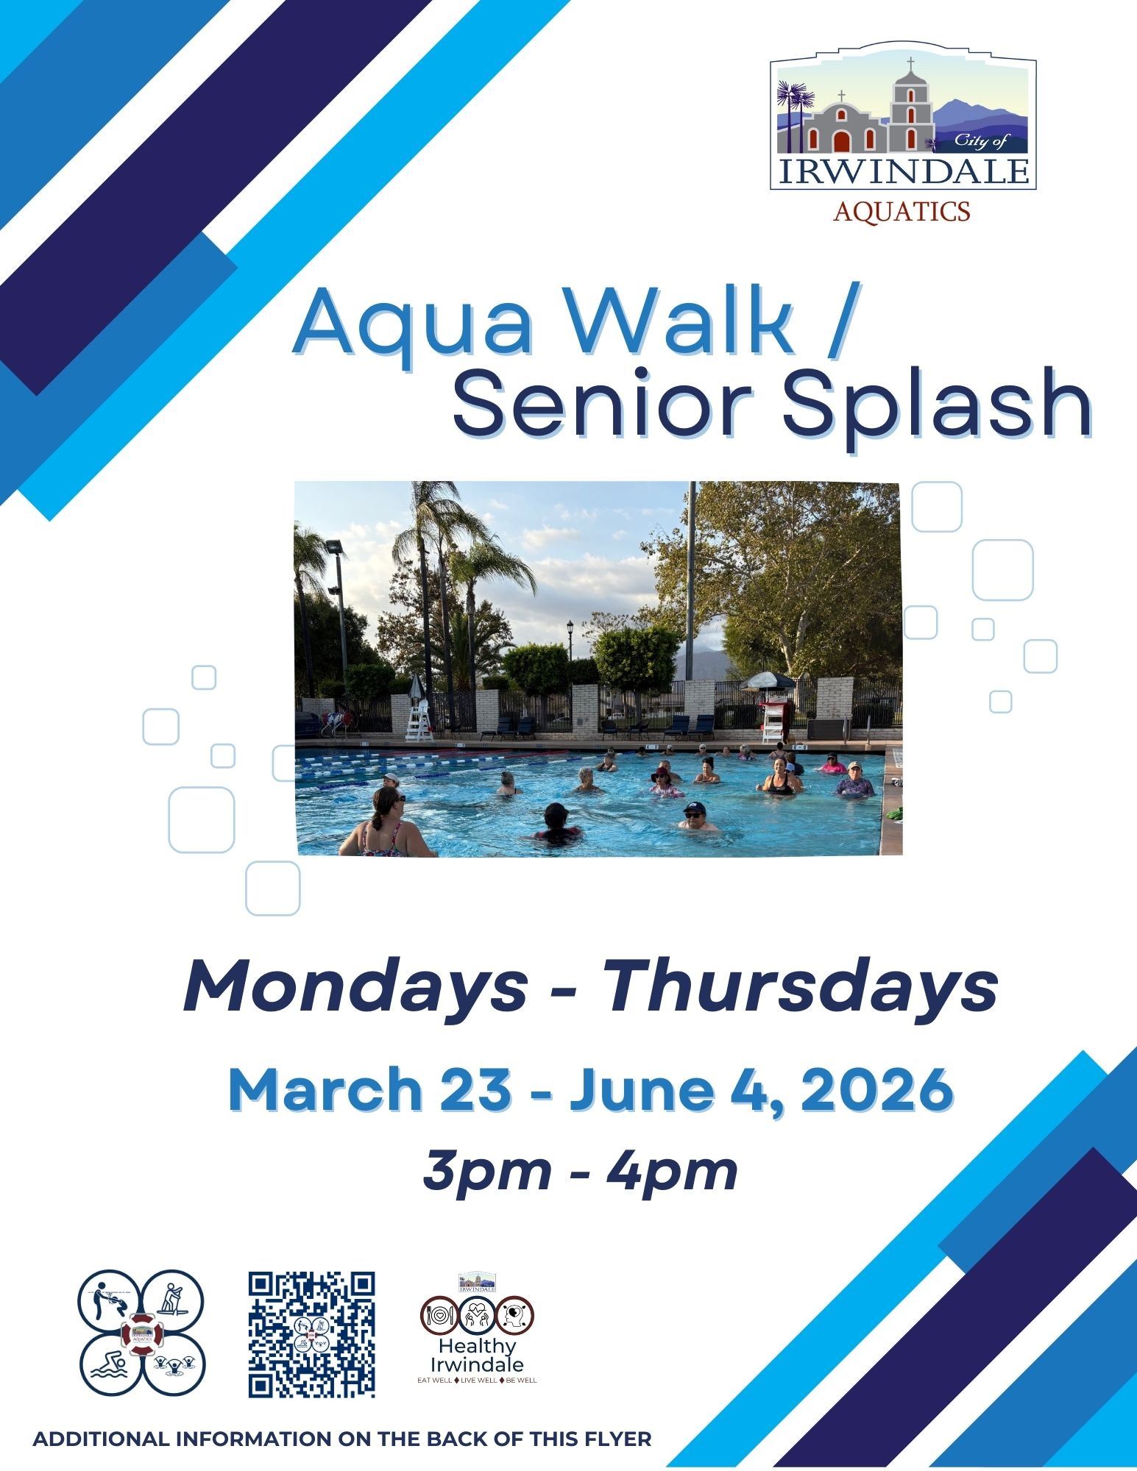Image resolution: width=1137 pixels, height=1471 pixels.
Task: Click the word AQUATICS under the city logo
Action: pyautogui.click(x=902, y=212)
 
